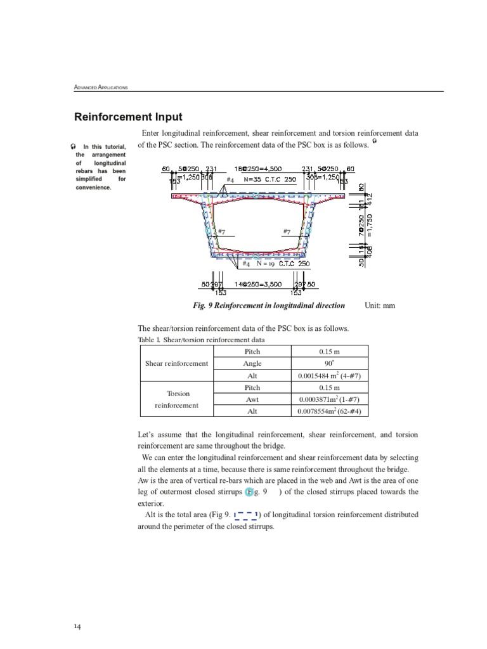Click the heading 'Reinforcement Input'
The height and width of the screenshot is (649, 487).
pos(128,117)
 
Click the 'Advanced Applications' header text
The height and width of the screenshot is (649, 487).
pos(101,87)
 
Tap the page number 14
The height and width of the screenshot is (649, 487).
pos(77,627)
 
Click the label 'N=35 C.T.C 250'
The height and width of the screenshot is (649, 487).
pos(270,179)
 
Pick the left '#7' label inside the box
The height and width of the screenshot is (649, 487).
pos(222,232)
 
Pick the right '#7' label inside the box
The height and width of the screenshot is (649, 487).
pos(287,232)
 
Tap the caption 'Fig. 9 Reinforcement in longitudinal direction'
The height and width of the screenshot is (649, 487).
pos(269,305)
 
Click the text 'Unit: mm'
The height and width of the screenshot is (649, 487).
pos(380,305)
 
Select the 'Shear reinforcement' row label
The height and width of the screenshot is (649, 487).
pos(176,364)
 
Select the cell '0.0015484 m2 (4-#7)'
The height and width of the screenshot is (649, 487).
pos(329,376)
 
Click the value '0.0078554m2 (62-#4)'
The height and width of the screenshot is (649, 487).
pos(329,411)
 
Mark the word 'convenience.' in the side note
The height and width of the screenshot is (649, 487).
pos(93,187)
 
